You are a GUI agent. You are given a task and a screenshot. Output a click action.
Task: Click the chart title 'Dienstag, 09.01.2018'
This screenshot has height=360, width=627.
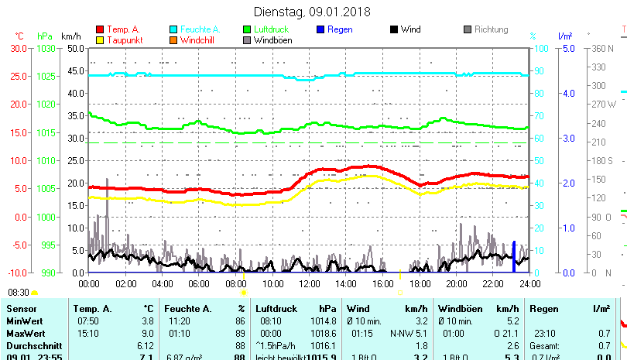coord(312,12)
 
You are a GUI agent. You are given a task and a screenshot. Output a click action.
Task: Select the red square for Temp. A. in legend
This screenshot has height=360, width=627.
coord(99,29)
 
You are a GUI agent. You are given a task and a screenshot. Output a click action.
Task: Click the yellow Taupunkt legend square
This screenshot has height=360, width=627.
coord(99,39)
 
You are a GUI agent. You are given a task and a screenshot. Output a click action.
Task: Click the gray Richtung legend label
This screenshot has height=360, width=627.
coord(491,29)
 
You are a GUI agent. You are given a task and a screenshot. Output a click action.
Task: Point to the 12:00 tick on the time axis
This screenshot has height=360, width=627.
coord(309,284)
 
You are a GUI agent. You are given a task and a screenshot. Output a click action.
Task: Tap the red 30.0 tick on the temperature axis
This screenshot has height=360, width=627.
coord(18,48)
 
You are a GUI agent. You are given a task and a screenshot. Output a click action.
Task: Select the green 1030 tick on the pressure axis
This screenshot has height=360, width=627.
coord(46,48)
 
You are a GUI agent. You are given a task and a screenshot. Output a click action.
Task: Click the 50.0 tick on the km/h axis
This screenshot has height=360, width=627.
coord(75,48)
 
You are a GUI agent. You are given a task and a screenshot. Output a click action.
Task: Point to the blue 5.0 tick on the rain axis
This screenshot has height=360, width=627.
coord(567,48)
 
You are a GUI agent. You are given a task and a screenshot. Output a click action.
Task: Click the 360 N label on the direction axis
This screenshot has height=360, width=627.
coord(602,48)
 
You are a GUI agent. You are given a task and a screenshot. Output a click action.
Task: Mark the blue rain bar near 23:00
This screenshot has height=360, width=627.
coord(513,256)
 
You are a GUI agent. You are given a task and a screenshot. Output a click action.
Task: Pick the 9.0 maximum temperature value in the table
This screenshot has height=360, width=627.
coord(148,333)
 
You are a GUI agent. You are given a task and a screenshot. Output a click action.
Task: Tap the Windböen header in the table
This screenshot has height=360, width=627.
coord(459,309)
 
